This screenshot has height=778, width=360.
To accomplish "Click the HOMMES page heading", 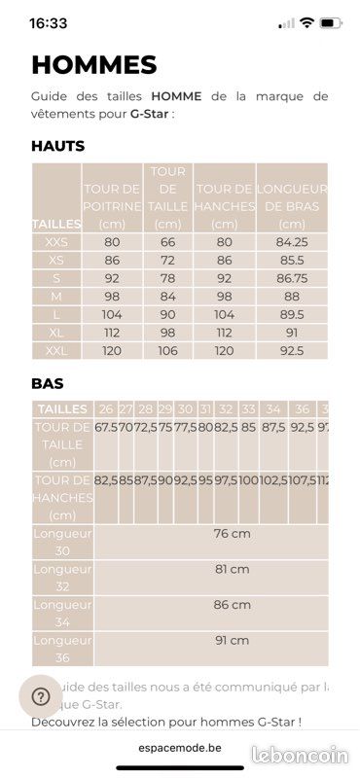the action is tap(94, 65).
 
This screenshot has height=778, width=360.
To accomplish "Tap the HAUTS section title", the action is tap(58, 146).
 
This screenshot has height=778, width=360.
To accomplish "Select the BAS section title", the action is tap(48, 384).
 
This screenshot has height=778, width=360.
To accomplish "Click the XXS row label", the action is tap(56, 242).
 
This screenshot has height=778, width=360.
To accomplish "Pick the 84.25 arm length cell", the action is tap(291, 242).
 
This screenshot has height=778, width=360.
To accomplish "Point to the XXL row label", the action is tap(56, 350).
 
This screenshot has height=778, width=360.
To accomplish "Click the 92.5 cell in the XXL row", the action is tap(291, 350).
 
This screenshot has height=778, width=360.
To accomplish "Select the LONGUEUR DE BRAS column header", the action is tap(291, 197).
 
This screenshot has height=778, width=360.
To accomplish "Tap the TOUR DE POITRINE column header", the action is tap(112, 197).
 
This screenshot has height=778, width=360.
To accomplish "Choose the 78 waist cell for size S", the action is tap(167, 278).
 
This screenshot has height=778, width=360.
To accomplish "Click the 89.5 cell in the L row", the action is tap(291, 314).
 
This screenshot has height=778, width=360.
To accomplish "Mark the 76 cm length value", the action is tap(232, 533).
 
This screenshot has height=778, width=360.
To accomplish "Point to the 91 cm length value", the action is tap(232, 640).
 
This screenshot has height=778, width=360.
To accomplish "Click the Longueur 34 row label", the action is tap(62, 613).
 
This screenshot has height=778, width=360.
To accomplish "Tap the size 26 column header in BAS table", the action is tap(106, 409).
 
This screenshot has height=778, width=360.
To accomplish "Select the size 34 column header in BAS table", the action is tap(273, 409).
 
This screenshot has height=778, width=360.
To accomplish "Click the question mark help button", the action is tap(41, 696).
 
